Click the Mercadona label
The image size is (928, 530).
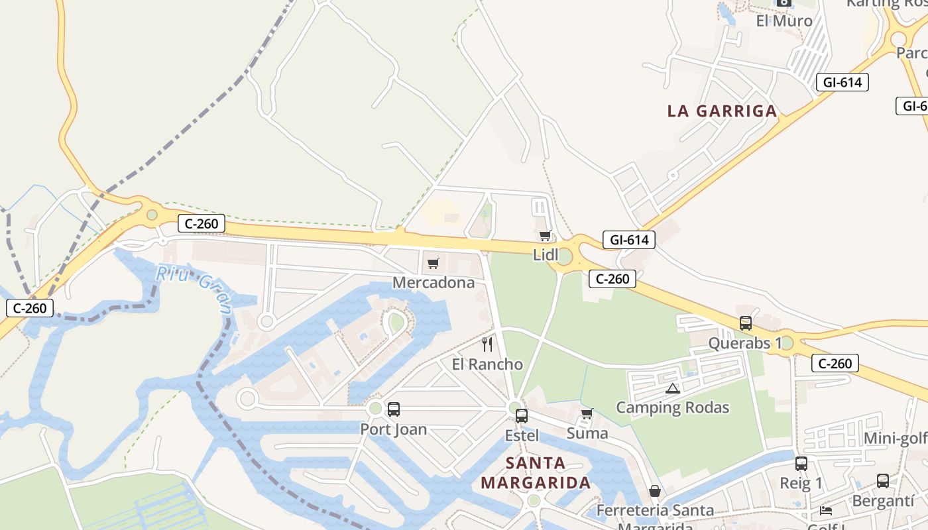click(434, 283)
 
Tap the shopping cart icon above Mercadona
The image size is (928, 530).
click(434, 264)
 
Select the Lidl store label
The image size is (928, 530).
click(546, 255)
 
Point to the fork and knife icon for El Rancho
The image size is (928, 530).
click(487, 344)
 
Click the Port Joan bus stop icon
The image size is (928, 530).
click(394, 409)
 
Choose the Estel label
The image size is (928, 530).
click(522, 435)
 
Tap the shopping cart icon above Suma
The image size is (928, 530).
click(587, 414)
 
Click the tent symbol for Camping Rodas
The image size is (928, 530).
click(673, 388)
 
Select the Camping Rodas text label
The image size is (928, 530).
click(673, 407)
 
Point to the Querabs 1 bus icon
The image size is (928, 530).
click(746, 323)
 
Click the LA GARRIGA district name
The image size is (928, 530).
click(722, 111)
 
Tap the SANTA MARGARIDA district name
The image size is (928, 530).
click(536, 472)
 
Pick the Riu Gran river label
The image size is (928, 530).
click(194, 289)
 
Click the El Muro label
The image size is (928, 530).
click(784, 21)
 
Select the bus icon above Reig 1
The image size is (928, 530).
click(801, 464)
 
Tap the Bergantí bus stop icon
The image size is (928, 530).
click(883, 481)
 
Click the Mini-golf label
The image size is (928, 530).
click(895, 439)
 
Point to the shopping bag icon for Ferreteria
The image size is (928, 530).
click(655, 491)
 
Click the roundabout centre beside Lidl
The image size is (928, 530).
click(564, 256)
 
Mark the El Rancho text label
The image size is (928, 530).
click(487, 364)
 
